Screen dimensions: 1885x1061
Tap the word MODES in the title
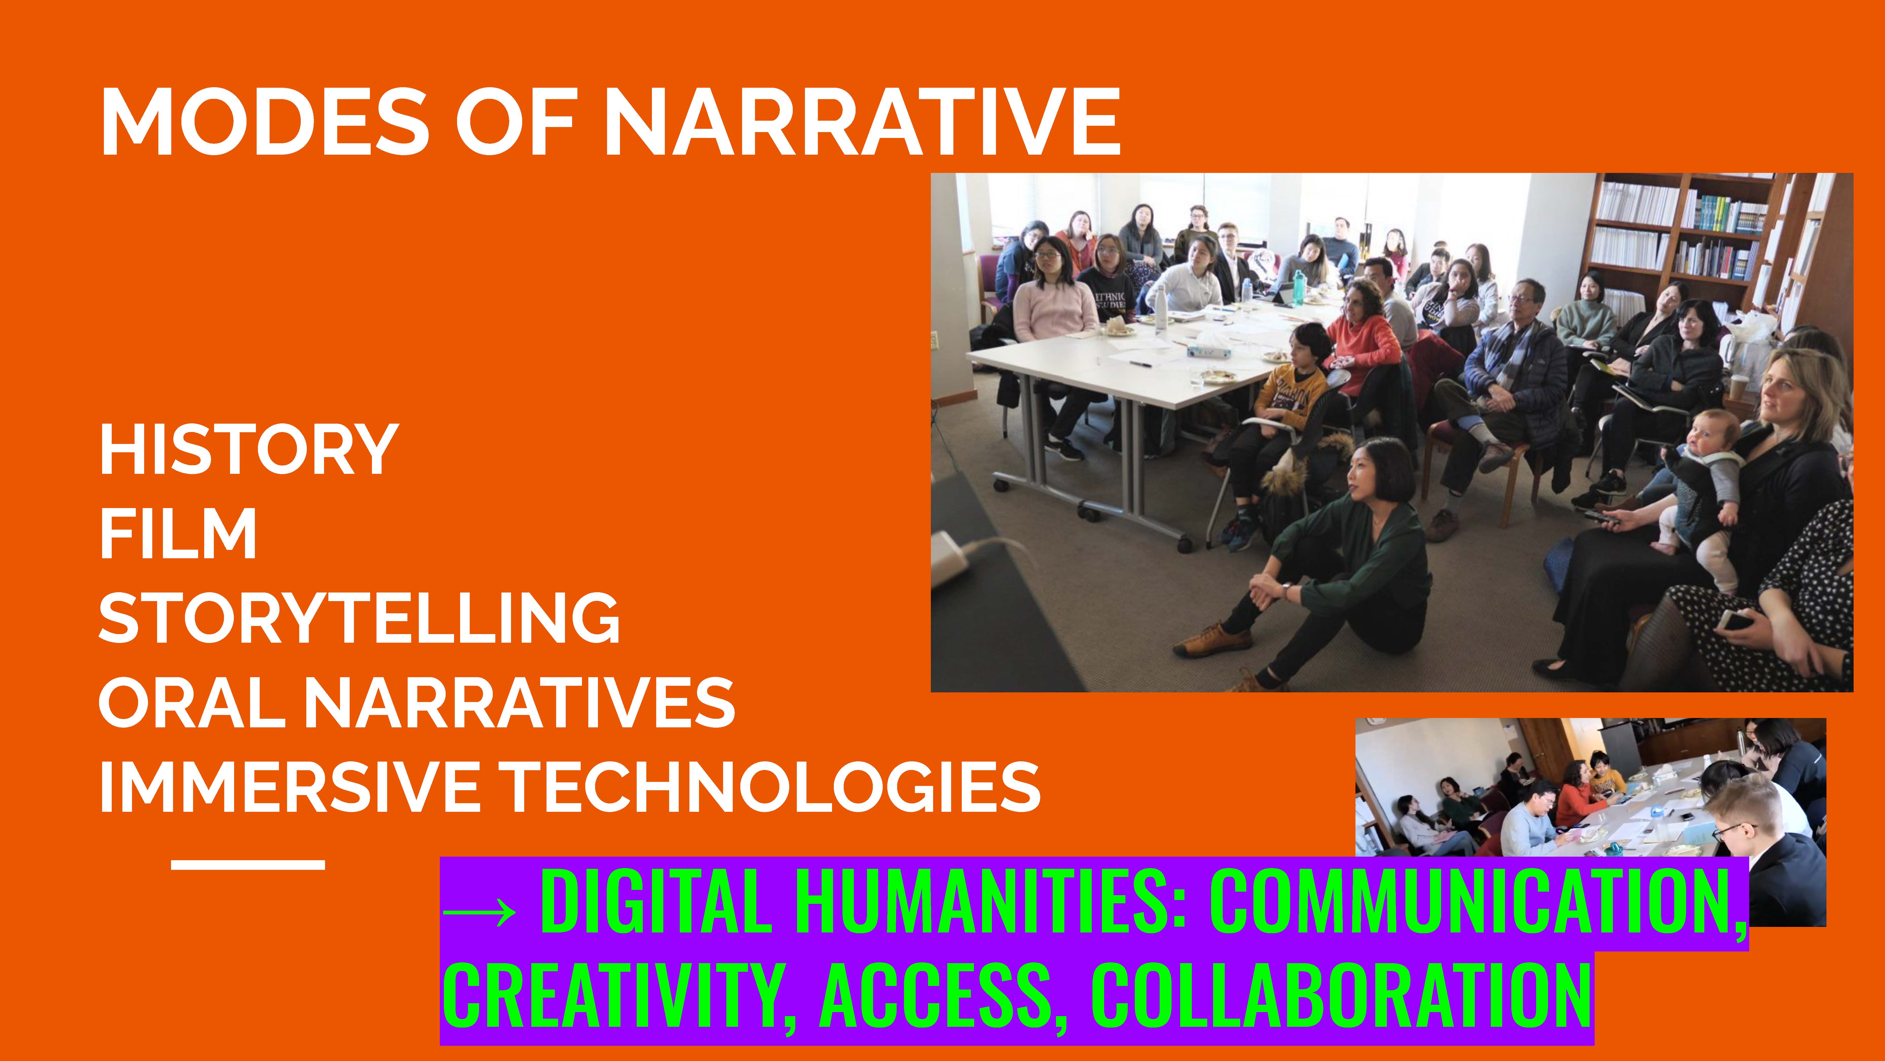point(265,121)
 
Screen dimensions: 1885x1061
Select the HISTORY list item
point(249,449)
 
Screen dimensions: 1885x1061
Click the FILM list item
point(178,534)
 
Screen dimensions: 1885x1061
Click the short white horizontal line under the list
point(248,865)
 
